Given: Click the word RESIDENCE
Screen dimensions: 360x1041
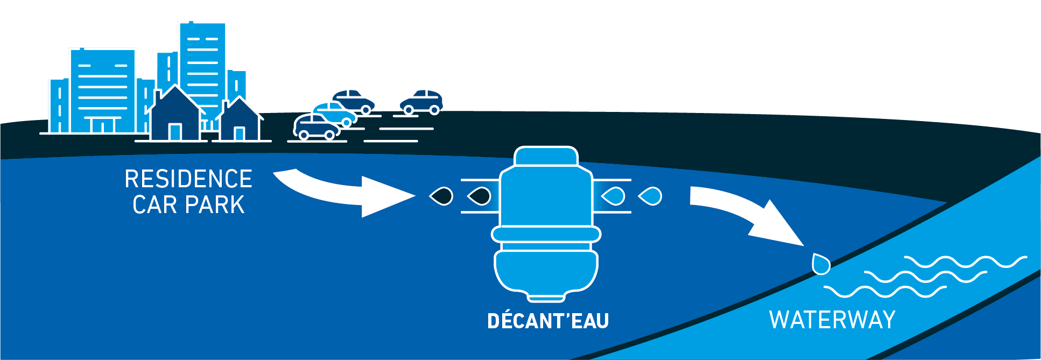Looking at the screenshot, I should (188, 179).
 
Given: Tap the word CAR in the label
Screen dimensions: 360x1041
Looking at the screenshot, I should (152, 205).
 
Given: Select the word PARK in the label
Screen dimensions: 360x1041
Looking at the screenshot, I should (215, 205).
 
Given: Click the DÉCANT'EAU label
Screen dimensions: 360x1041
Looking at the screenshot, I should (547, 321).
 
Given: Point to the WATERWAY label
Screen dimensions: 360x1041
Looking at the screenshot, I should (832, 320).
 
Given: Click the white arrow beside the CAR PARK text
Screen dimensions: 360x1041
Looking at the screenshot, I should (344, 194).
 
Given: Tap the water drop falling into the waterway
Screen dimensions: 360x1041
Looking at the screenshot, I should (821, 264).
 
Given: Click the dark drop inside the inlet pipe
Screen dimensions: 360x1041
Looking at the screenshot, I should (480, 196).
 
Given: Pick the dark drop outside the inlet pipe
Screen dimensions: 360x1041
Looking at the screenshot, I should (441, 196).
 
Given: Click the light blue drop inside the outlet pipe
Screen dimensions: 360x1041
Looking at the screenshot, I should (613, 196).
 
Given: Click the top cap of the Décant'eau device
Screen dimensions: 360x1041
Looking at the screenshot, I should (546, 156).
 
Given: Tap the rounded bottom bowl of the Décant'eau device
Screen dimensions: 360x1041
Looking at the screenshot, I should (546, 272).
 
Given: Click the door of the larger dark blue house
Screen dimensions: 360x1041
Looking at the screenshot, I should (175, 132).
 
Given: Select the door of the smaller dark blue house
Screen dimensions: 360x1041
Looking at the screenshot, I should (240, 133).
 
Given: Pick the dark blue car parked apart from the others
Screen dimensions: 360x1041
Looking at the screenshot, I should (421, 102).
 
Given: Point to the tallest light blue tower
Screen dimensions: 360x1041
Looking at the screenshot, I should (202, 59).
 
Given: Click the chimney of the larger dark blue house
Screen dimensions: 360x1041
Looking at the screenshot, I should (158, 97).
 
